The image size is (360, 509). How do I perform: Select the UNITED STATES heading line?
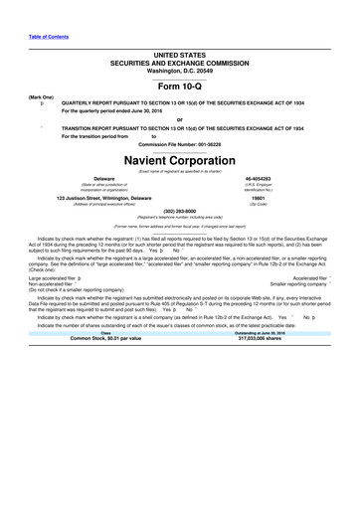[179, 50]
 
